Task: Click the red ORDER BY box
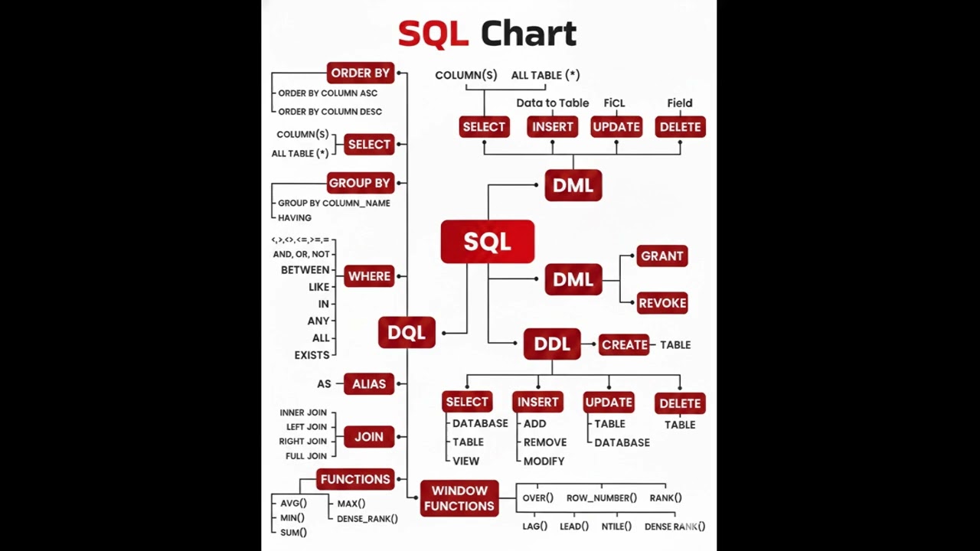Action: click(360, 73)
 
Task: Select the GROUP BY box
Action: click(359, 183)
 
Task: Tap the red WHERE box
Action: click(369, 276)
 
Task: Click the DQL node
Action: click(407, 332)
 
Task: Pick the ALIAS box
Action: click(369, 383)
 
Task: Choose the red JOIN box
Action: click(369, 436)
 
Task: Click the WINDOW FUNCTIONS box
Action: click(459, 498)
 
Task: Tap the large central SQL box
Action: click(487, 242)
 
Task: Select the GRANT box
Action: click(662, 256)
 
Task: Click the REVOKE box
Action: click(662, 303)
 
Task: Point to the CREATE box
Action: click(624, 344)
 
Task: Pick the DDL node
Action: click(552, 344)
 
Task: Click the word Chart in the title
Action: click(528, 34)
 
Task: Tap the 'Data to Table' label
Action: click(552, 103)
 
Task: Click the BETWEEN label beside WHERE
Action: click(305, 270)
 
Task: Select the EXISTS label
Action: click(312, 355)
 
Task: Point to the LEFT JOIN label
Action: click(306, 427)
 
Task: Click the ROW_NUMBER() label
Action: click(601, 498)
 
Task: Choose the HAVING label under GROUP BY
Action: click(295, 218)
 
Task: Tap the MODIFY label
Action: click(544, 461)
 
